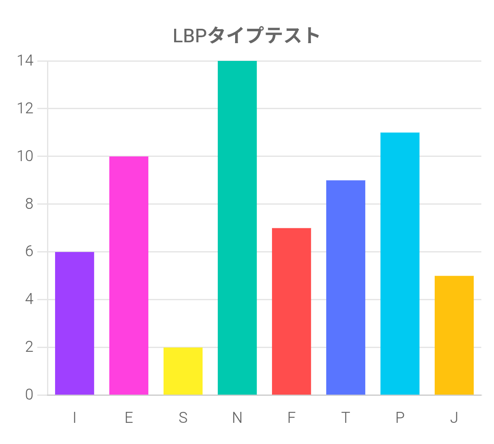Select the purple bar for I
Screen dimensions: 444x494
coord(75,323)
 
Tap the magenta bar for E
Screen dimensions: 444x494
coord(129,276)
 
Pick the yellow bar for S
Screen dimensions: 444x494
coord(183,371)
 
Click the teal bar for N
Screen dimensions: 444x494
coord(237,228)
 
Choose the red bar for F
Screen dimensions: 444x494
coord(291,312)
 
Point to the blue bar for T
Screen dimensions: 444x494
coord(346,288)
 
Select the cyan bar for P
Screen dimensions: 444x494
coord(400,264)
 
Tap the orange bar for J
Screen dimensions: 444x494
coord(454,335)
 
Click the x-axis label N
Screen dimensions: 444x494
coord(237,418)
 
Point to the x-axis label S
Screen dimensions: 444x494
coord(183,418)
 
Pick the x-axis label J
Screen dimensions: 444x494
coord(454,418)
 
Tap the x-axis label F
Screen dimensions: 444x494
coord(291,418)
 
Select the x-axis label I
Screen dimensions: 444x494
coord(75,418)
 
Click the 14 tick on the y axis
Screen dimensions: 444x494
coord(25,61)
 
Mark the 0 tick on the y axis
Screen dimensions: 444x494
coord(29,395)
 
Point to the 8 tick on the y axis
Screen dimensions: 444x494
coord(29,204)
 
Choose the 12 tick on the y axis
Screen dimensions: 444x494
coord(25,109)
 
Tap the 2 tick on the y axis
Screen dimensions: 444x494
coord(29,347)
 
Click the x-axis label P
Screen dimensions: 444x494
coord(400,418)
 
